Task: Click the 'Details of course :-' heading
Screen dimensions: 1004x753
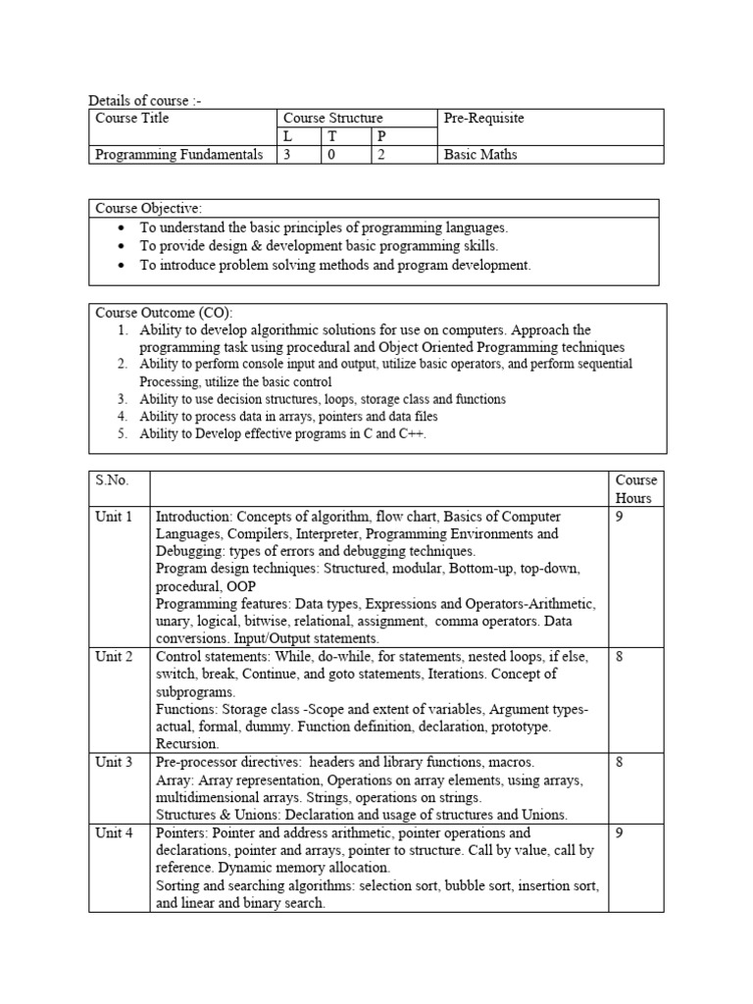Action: click(146, 101)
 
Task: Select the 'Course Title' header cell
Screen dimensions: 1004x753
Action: click(132, 119)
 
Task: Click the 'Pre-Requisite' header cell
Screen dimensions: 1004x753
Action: click(484, 119)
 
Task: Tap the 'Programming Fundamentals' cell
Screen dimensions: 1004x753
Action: click(179, 155)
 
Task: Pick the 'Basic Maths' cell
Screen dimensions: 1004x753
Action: click(480, 155)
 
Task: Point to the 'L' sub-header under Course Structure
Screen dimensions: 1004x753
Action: click(286, 137)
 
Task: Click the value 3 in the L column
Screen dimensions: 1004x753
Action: click(286, 155)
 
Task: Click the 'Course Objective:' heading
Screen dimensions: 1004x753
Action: click(148, 208)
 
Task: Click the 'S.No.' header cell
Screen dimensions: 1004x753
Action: click(112, 480)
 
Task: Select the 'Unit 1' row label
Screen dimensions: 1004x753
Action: click(114, 517)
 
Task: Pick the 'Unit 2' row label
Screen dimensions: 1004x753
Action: click(114, 657)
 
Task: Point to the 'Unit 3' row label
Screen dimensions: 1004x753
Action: click(114, 762)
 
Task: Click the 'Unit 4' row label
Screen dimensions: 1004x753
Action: click(114, 832)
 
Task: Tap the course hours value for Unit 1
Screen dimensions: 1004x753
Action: click(620, 517)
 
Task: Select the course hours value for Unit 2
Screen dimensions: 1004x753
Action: click(620, 657)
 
